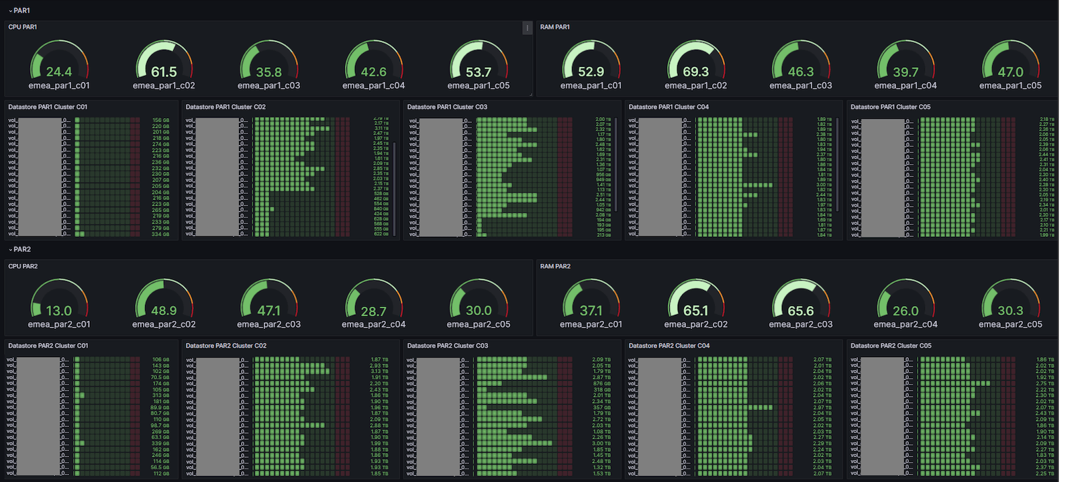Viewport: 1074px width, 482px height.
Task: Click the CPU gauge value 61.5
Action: point(164,72)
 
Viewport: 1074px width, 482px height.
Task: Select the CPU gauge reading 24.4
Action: point(59,72)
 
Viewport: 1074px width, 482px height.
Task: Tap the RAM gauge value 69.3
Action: point(695,72)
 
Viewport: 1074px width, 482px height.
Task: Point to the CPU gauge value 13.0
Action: point(59,311)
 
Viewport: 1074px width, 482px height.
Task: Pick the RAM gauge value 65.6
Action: point(801,311)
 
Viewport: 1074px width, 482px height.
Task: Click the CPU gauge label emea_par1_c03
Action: point(268,86)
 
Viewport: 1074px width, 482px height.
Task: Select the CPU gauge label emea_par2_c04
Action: point(373,325)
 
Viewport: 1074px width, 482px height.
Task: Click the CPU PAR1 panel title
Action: point(23,27)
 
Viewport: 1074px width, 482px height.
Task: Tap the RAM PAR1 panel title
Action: point(555,27)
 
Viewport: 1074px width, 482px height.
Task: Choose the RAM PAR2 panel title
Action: point(555,267)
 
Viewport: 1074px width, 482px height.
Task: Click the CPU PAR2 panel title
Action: point(23,267)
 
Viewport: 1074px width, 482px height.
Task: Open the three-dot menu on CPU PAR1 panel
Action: point(527,28)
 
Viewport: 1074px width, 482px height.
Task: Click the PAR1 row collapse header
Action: point(20,11)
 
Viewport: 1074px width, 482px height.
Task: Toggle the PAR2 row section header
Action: point(20,250)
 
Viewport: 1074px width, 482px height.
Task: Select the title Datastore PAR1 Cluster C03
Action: point(447,107)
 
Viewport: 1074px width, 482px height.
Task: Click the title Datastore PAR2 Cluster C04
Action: point(669,346)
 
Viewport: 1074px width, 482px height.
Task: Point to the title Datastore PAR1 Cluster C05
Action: point(890,107)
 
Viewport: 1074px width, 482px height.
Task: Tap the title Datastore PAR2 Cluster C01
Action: point(48,346)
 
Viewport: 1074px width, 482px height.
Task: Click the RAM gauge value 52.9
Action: point(591,72)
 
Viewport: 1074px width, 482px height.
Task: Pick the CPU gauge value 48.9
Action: point(164,311)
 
